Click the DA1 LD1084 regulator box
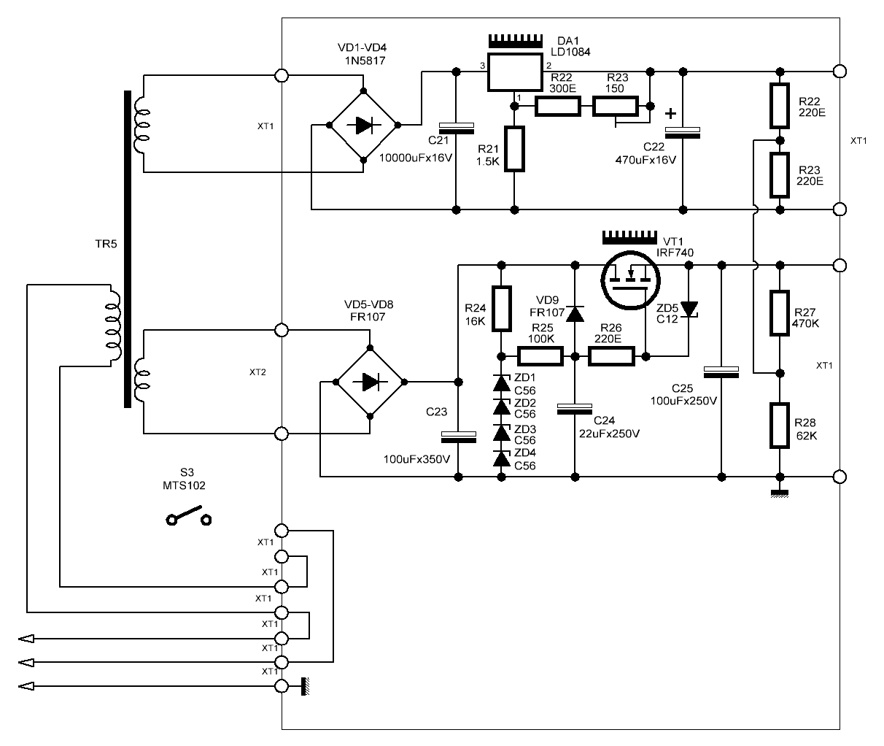point(515,72)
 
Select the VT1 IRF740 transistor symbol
point(630,280)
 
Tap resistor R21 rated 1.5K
point(514,149)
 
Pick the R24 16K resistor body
point(502,308)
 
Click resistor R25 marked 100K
point(540,356)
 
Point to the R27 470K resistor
point(780,313)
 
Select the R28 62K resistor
point(780,426)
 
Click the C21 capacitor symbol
point(457,128)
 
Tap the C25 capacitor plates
point(721,372)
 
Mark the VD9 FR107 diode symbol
point(575,313)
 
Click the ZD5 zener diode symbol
point(689,309)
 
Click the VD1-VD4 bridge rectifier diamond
point(363,126)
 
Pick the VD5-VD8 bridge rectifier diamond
point(370,382)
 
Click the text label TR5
point(106,244)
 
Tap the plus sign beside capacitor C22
point(670,114)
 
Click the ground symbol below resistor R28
point(780,493)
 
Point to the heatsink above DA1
point(515,41)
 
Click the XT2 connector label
point(257,372)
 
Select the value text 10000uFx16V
point(415,158)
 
